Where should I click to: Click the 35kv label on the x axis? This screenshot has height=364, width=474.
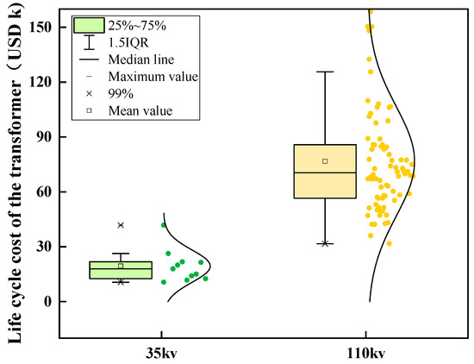162,352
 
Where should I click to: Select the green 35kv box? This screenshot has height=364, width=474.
121,270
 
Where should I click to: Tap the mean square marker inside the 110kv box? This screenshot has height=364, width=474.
325,161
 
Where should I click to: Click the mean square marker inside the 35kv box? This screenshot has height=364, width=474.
121,266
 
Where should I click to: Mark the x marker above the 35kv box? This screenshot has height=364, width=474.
121,225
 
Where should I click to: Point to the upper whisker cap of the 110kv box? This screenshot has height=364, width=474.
325,72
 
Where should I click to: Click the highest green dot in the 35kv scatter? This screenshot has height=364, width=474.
164,225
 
